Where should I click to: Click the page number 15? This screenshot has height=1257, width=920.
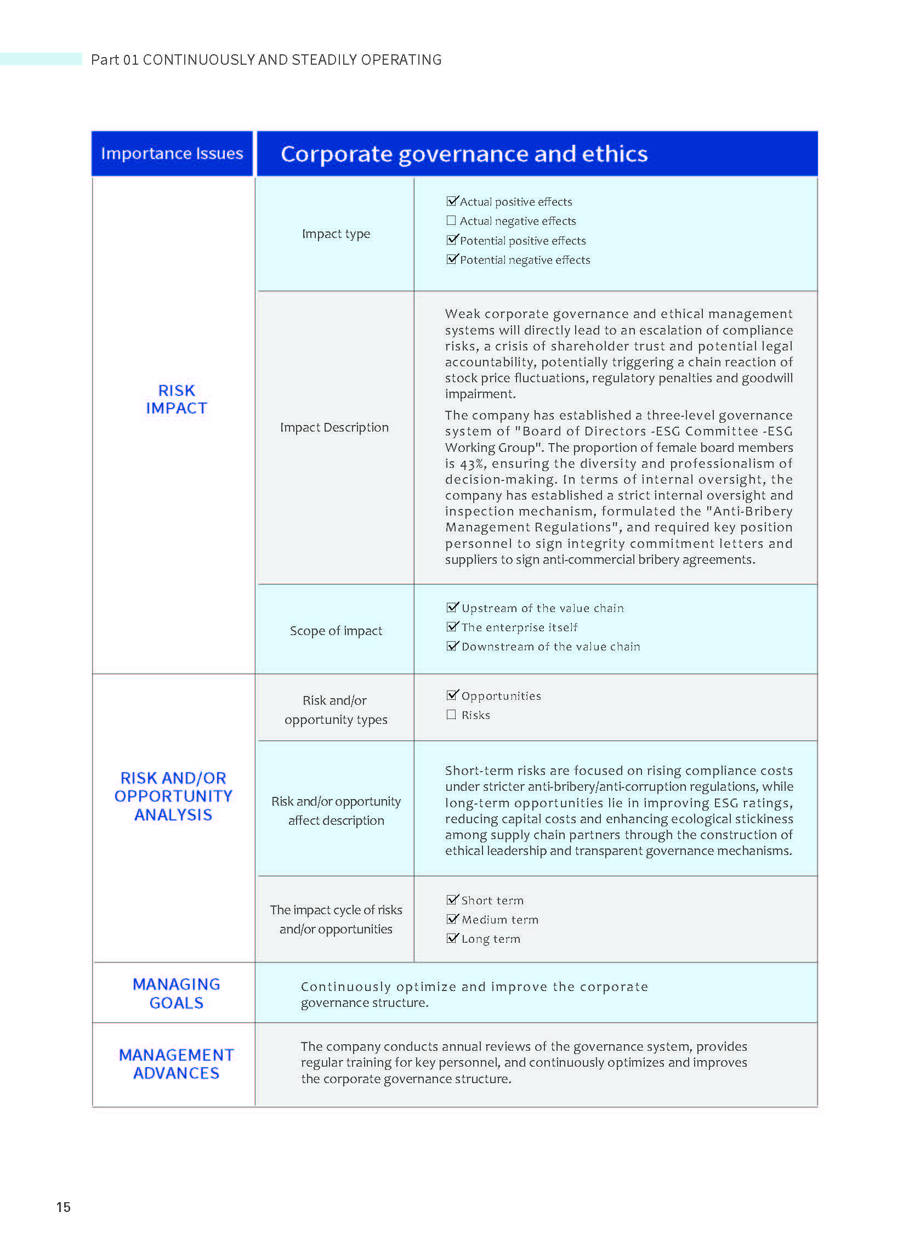[x=64, y=1207]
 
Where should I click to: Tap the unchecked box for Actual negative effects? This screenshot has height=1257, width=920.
[x=451, y=220]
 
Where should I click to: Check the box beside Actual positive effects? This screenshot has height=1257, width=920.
[x=451, y=201]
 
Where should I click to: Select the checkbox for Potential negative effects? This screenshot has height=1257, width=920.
[x=451, y=259]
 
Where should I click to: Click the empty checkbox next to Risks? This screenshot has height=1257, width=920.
[x=451, y=715]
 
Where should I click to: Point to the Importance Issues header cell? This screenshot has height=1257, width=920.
[x=172, y=154]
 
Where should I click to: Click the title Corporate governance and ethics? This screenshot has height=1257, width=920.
[x=464, y=154]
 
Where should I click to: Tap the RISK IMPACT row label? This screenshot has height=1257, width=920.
[x=176, y=399]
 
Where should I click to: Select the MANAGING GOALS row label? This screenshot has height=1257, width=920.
[x=176, y=994]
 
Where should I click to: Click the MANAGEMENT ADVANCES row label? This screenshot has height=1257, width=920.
[x=176, y=1064]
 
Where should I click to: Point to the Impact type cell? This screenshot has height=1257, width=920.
[x=336, y=234]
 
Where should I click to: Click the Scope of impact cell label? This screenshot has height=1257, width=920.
[x=336, y=631]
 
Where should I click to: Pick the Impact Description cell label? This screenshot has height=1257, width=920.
[x=334, y=427]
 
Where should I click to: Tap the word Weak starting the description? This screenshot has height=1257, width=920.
[x=462, y=314]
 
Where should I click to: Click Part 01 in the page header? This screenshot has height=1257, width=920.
[x=114, y=60]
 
